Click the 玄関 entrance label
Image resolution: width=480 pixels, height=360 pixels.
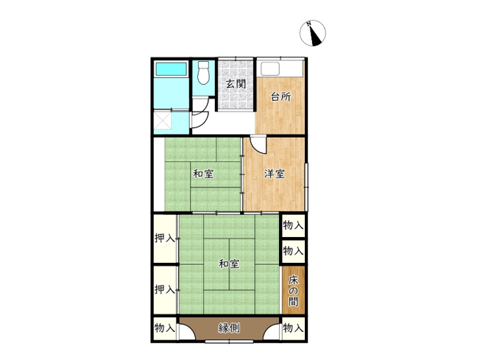(x=235, y=84)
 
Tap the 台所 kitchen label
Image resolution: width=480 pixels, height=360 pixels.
(x=280, y=96)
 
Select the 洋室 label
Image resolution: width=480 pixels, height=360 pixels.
(x=275, y=174)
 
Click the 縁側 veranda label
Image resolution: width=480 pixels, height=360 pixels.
(x=229, y=328)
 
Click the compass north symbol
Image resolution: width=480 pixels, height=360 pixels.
(x=314, y=33)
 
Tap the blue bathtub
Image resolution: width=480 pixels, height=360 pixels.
(x=172, y=71)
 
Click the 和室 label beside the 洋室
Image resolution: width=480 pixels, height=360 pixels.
(x=204, y=174)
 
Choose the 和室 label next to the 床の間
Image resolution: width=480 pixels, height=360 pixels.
(x=229, y=264)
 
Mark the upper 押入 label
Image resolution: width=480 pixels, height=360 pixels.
(x=165, y=239)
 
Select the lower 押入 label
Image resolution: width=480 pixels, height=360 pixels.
(x=165, y=290)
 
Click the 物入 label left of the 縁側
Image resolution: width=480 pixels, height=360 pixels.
(x=165, y=328)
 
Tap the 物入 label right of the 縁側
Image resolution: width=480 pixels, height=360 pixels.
(x=293, y=328)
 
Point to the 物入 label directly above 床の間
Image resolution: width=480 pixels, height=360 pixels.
(x=293, y=251)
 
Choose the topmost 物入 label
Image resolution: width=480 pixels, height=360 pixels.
(x=293, y=225)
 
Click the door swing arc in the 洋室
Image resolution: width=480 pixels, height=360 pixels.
(x=254, y=145)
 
